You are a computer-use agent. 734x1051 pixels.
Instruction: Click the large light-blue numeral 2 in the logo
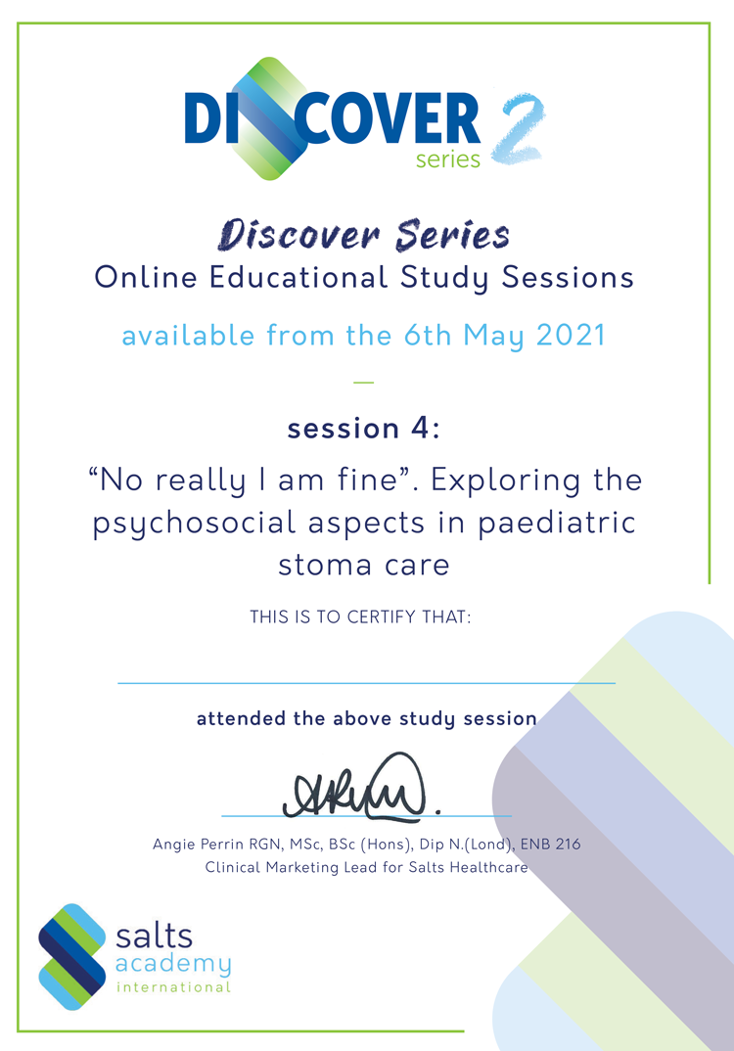point(518,129)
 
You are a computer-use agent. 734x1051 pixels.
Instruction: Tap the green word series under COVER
point(448,159)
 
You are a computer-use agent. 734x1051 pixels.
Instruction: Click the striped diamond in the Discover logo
point(268,118)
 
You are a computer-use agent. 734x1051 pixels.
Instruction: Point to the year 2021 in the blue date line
point(572,335)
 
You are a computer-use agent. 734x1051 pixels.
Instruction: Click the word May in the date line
point(494,336)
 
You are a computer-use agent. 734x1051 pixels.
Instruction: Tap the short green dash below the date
point(363,382)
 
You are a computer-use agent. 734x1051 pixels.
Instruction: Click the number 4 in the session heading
point(420,428)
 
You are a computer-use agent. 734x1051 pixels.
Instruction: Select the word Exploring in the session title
point(505,481)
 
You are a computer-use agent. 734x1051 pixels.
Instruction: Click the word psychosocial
point(194,525)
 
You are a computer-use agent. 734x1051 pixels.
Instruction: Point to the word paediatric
point(556,524)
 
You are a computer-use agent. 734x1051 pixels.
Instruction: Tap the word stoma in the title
point(325,565)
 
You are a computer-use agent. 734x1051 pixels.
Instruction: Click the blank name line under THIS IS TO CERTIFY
point(366,683)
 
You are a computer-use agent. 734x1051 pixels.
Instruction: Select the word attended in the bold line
point(241,718)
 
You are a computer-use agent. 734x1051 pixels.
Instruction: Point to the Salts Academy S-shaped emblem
point(72,956)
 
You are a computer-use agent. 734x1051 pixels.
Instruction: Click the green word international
point(173,987)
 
